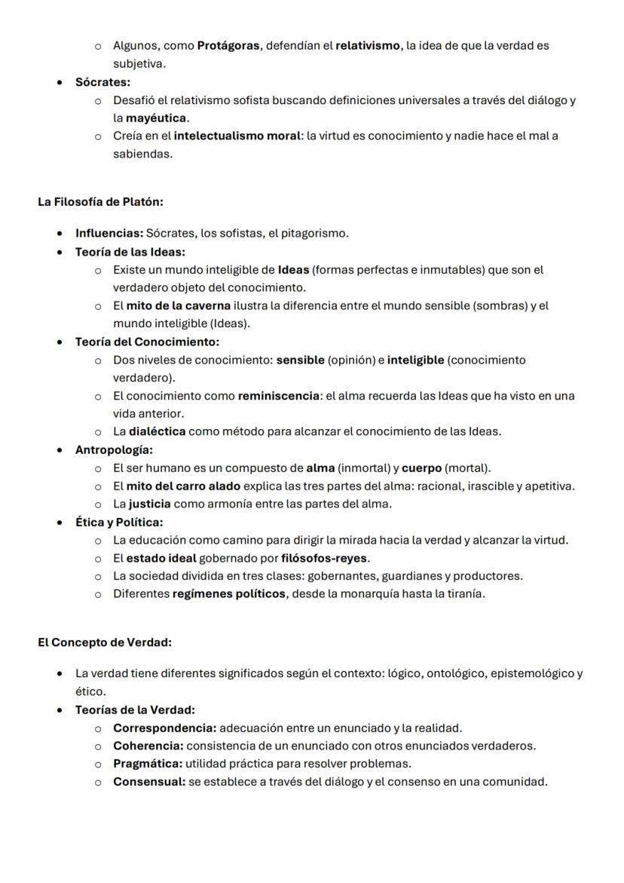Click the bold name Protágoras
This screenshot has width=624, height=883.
[229, 46]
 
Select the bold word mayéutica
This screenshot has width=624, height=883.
[157, 118]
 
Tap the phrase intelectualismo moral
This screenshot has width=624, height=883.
[238, 136]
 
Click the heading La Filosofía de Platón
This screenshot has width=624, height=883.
[100, 202]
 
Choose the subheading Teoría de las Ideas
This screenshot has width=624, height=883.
[130, 251]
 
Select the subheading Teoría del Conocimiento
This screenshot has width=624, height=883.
[147, 342]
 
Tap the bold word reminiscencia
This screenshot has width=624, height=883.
[279, 396]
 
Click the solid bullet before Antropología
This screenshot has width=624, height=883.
[60, 450]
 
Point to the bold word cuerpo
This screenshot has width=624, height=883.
[421, 468]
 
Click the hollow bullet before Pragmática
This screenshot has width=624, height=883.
[98, 764]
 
